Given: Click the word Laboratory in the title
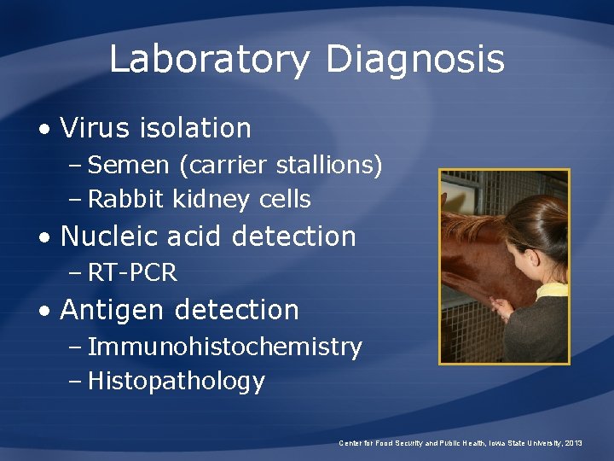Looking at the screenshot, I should pyautogui.click(x=210, y=61).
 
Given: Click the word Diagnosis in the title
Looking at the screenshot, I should pyautogui.click(x=415, y=61).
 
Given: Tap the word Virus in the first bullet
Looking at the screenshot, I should pyautogui.click(x=93, y=128).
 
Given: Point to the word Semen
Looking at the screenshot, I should pyautogui.click(x=125, y=164).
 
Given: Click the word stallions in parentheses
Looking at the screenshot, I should pyautogui.click(x=328, y=164).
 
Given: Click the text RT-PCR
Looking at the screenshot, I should pyautogui.click(x=132, y=272).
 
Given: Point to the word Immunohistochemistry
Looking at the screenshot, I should pyautogui.click(x=224, y=347).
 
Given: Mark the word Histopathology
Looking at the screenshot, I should pyautogui.click(x=177, y=381).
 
